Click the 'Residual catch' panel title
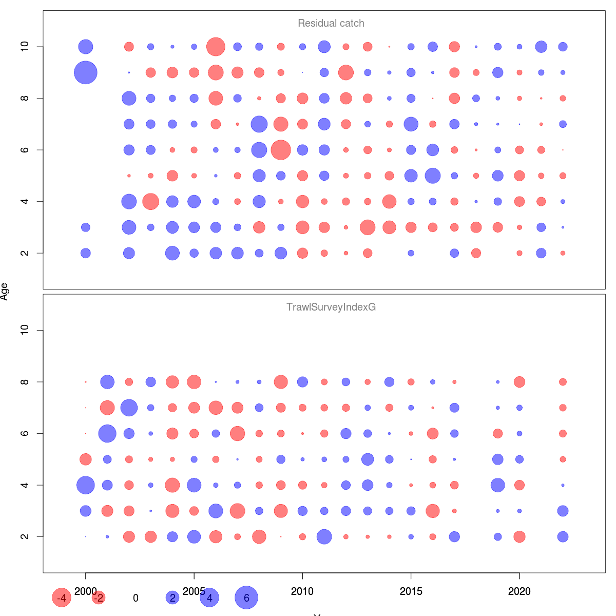(331, 24)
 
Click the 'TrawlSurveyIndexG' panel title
(331, 307)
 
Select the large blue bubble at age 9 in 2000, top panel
(86, 72)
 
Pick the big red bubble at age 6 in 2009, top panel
(281, 150)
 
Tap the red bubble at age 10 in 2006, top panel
(216, 47)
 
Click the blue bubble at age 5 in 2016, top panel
(433, 176)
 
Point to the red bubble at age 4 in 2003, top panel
(150, 201)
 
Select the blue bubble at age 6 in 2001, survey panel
(107, 433)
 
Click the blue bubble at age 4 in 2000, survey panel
(86, 485)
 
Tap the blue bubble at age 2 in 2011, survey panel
(324, 536)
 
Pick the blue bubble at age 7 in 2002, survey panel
(129, 408)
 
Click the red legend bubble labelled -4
(62, 598)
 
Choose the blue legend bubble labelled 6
(246, 598)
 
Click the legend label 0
(136, 598)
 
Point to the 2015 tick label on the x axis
(411, 591)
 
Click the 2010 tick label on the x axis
(302, 591)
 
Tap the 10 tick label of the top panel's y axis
(25, 47)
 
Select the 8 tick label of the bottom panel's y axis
(25, 382)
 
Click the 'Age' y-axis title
(5, 292)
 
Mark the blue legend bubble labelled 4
(209, 598)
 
